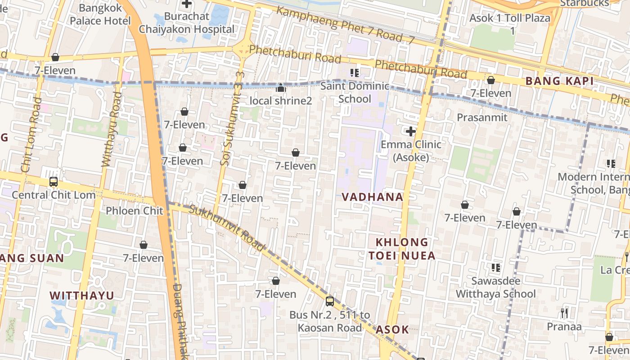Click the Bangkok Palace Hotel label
(x=100, y=14)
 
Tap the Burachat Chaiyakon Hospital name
(x=187, y=23)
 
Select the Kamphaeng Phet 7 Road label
(x=345, y=25)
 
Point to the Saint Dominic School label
(x=355, y=92)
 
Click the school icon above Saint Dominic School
(x=355, y=73)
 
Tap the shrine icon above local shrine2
(x=281, y=87)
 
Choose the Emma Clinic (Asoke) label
(x=411, y=151)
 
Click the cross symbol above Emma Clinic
(x=410, y=131)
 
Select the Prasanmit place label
(x=482, y=117)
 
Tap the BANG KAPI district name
(x=559, y=81)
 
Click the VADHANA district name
(x=372, y=197)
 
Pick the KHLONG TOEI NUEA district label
(x=402, y=249)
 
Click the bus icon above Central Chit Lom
(x=54, y=182)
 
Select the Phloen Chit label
(x=128, y=211)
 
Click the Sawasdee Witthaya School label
(x=495, y=287)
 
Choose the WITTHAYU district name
(x=82, y=296)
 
